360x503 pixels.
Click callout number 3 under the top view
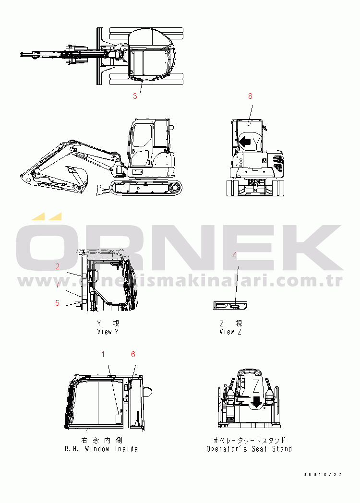[135, 96]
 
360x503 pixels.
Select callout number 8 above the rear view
[250, 96]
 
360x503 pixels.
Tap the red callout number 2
[58, 266]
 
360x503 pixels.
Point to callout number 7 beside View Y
[58, 285]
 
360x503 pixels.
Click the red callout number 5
[58, 303]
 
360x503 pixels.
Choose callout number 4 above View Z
[235, 255]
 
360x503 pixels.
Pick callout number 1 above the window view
[103, 354]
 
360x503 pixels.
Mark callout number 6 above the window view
[133, 354]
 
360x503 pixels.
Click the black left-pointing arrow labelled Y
[245, 141]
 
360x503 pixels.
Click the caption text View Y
[108, 332]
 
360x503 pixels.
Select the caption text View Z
[230, 332]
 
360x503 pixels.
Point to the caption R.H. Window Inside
[101, 449]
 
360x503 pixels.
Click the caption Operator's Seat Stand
[249, 449]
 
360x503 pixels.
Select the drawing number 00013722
[323, 475]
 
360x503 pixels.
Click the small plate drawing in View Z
[230, 305]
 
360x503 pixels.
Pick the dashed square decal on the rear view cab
[249, 123]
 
